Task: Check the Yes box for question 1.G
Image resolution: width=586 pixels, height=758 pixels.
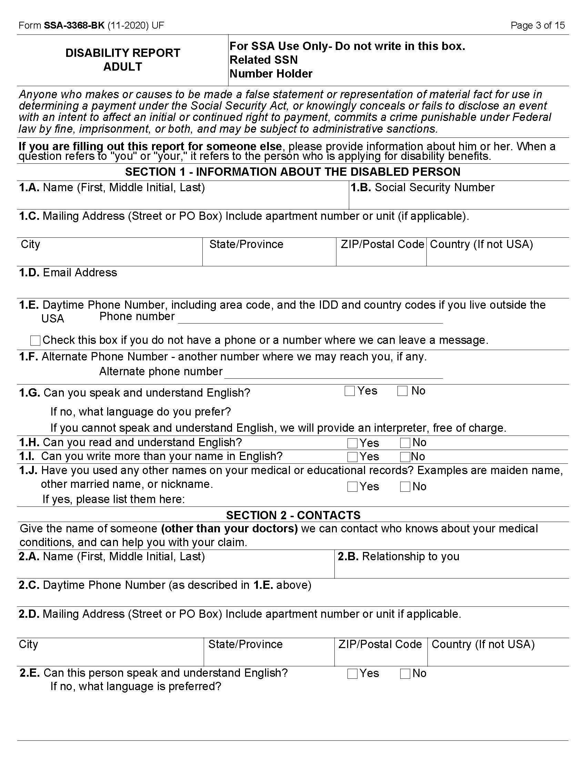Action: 350,391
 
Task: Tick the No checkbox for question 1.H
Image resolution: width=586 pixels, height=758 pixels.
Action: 405,443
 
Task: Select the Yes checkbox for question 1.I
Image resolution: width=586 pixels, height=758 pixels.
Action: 352,457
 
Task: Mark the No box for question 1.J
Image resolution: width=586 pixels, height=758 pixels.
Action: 405,486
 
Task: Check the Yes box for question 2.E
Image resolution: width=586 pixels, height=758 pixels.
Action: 352,674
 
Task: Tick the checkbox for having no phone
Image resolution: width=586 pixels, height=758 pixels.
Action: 36,340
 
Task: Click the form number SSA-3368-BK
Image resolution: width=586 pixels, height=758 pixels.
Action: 74,25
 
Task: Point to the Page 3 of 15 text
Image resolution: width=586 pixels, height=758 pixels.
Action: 537,25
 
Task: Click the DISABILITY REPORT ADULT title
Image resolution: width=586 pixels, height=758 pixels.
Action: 123,60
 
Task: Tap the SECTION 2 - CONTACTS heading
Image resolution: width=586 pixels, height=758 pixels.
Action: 293,515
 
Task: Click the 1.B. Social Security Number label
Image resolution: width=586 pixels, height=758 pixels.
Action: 422,187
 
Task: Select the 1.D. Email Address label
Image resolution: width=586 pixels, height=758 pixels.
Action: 68,273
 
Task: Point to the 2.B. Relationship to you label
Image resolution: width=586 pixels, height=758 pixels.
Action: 398,556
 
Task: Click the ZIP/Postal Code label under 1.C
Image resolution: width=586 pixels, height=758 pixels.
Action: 382,244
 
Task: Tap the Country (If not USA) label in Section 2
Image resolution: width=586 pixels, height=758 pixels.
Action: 483,644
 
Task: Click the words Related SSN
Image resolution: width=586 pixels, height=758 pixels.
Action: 263,60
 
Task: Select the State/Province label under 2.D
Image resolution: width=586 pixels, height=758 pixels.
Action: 245,644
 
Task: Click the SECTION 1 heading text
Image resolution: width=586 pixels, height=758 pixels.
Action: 293,172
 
